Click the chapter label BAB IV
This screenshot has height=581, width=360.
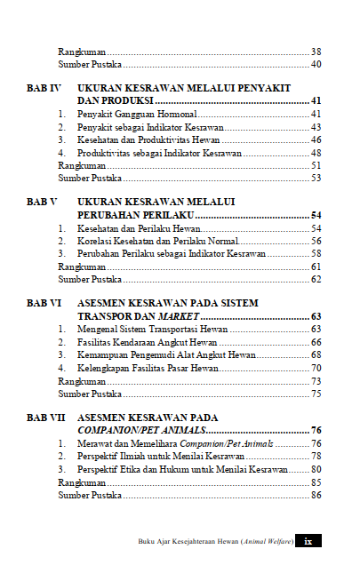pyautogui.click(x=44, y=90)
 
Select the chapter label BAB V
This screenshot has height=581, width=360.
pyautogui.click(x=42, y=203)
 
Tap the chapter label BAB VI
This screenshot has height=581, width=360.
pyautogui.click(x=44, y=303)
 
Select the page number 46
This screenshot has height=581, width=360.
pyautogui.click(x=316, y=140)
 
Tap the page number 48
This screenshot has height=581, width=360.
pyautogui.click(x=316, y=153)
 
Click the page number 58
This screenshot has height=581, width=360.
pyautogui.click(x=316, y=253)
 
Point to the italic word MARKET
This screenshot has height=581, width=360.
pyautogui.click(x=180, y=316)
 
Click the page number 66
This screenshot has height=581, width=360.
pyautogui.click(x=316, y=342)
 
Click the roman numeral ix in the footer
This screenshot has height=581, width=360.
pyautogui.click(x=308, y=541)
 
